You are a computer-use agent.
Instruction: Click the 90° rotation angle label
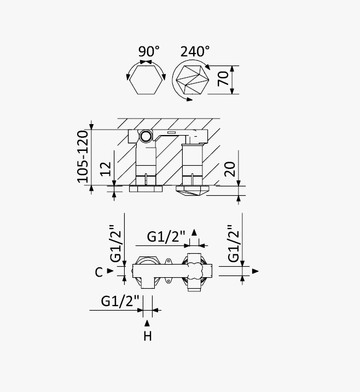click(149, 51)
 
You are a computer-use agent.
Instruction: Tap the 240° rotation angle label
click(195, 51)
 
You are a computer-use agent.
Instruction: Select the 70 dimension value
click(223, 79)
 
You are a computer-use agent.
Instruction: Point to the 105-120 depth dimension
click(83, 156)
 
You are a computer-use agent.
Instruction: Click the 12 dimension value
click(106, 169)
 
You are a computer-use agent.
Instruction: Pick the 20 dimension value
click(230, 169)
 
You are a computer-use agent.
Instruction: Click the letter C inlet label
click(99, 272)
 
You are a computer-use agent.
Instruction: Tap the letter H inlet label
click(148, 336)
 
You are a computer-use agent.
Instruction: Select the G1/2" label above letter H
click(120, 301)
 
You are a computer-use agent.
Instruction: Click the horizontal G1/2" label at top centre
click(166, 236)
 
